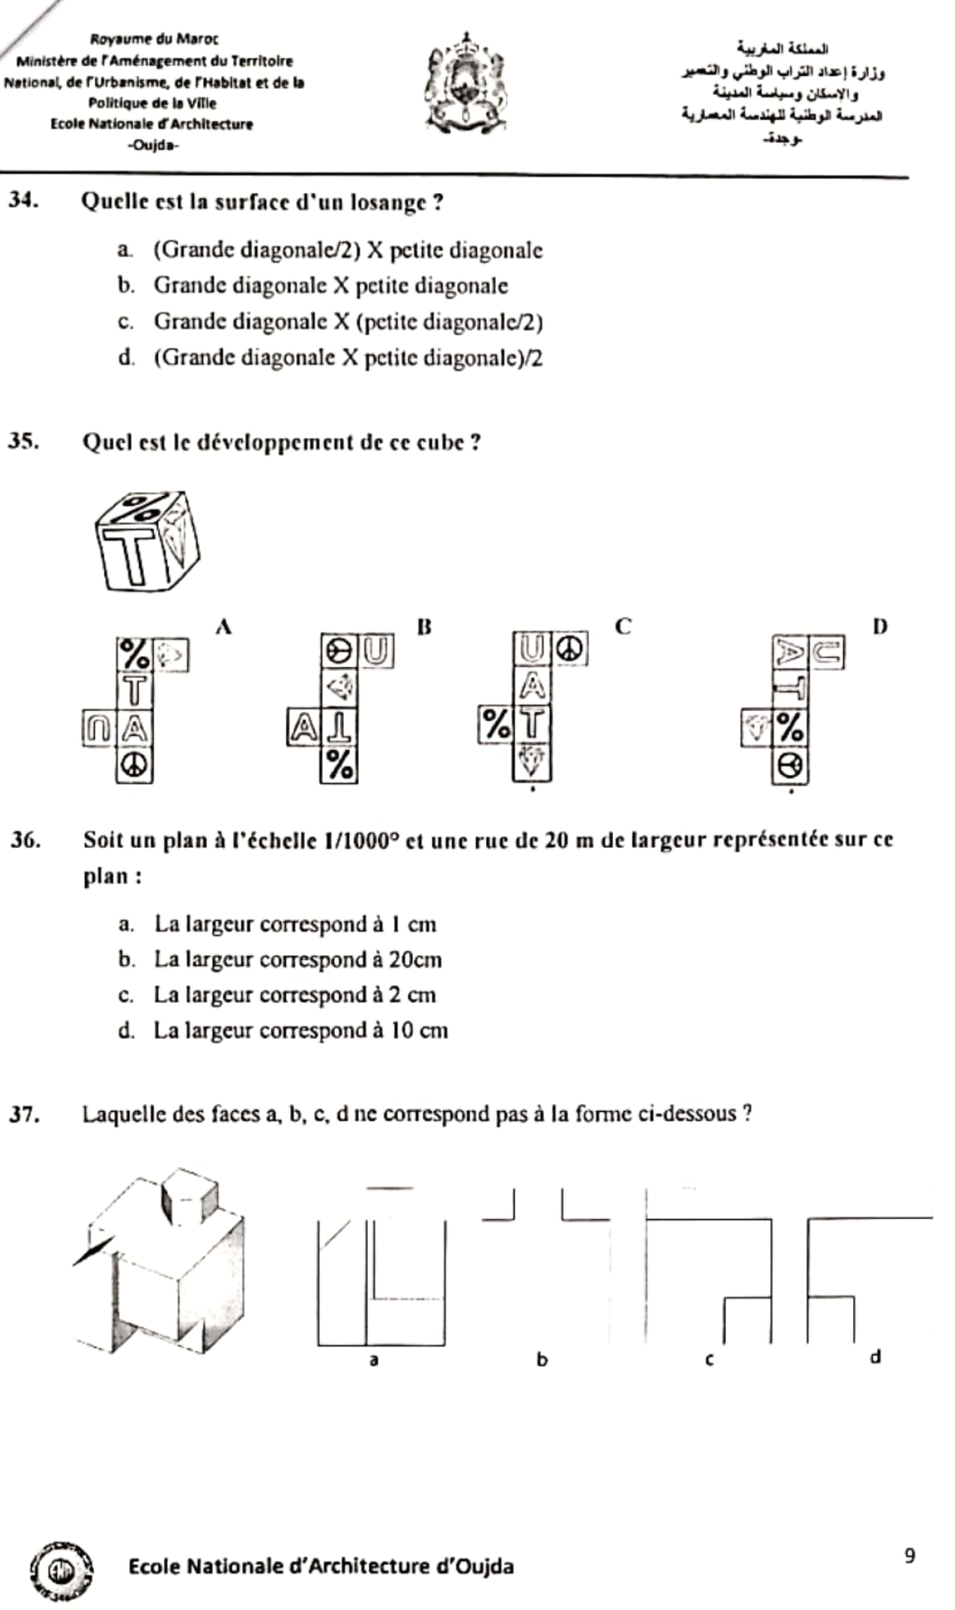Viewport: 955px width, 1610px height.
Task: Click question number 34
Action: [x=22, y=201]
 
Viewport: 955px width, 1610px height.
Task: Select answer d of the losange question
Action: [x=347, y=358]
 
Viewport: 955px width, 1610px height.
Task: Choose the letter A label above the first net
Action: [x=223, y=626]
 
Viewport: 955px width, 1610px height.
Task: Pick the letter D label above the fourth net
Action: [x=880, y=626]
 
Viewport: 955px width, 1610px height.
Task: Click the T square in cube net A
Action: [x=135, y=691]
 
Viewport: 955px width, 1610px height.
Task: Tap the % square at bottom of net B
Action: [x=339, y=764]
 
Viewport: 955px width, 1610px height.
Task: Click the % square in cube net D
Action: [x=790, y=728]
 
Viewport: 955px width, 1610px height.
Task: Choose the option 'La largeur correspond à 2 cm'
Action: [x=295, y=995]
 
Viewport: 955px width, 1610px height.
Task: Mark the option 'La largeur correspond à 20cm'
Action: [x=298, y=959]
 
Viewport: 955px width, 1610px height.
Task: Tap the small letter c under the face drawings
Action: [x=709, y=1359]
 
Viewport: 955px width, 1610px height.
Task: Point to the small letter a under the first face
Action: [x=374, y=1359]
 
